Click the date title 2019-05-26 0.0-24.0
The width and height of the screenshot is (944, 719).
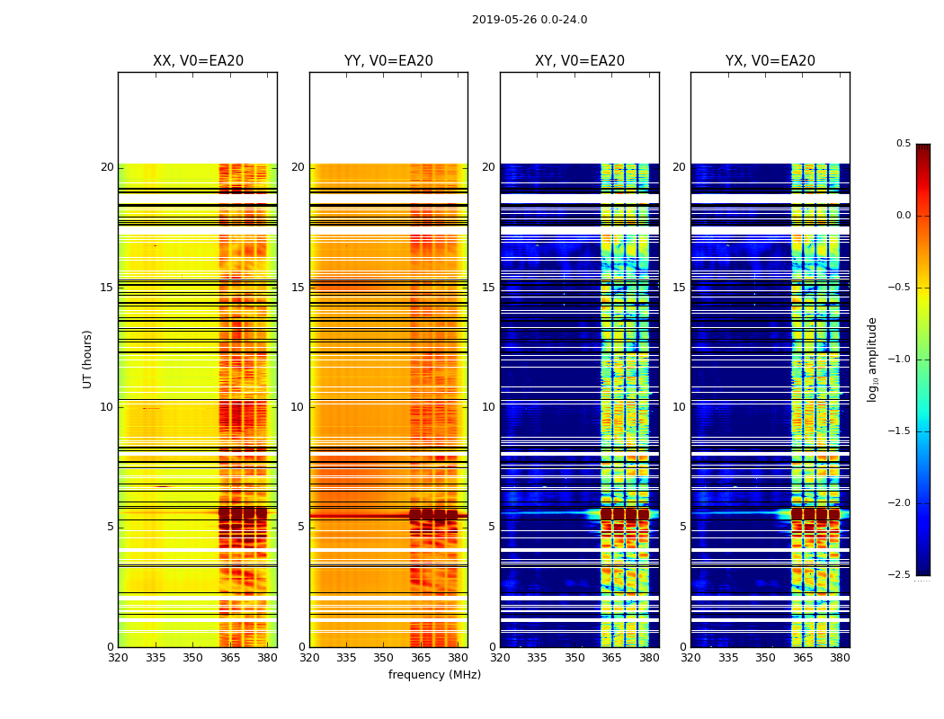[x=530, y=20]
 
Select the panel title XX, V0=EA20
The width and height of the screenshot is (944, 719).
[x=198, y=61]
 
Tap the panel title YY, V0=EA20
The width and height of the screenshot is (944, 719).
[x=388, y=61]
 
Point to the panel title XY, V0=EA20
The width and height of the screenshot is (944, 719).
[x=580, y=61]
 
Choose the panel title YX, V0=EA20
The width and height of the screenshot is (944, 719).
[x=770, y=61]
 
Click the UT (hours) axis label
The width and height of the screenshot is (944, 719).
[x=87, y=359]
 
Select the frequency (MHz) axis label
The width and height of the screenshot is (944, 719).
[x=434, y=675]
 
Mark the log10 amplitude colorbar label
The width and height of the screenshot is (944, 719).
[x=871, y=359]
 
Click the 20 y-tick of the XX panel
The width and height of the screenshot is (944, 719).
[x=107, y=167]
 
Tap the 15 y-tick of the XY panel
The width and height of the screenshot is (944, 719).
[x=488, y=288]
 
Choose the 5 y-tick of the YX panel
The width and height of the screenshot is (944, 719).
[x=682, y=527]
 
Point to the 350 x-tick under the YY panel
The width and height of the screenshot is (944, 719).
[x=384, y=658]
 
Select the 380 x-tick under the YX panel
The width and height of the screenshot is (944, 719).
[x=840, y=658]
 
